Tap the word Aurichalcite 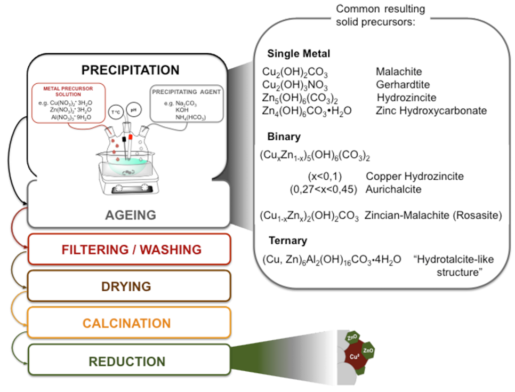tap(393, 189)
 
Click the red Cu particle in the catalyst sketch tap(353, 355)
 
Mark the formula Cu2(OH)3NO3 tap(295, 85)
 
